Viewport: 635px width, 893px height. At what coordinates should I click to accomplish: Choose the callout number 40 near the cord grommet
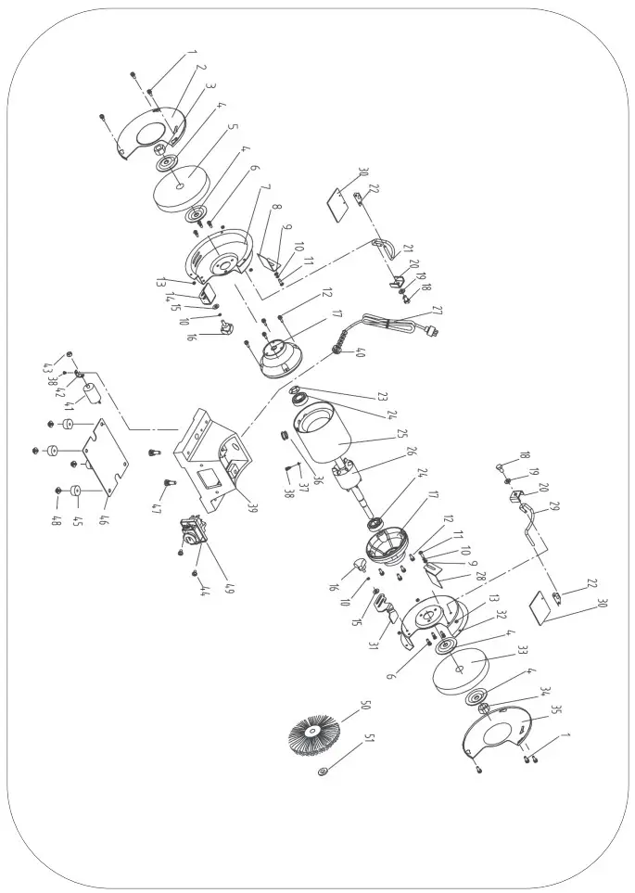pos(361,353)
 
